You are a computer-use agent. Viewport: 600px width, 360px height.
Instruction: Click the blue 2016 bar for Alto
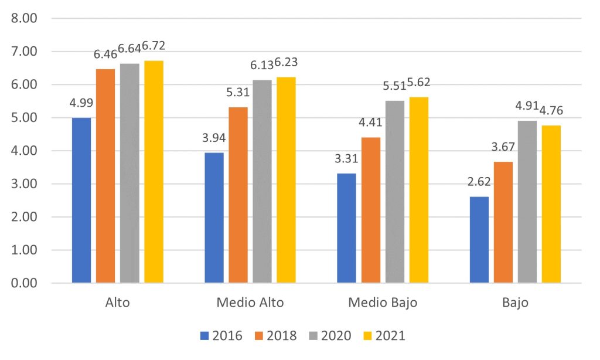click(x=81, y=201)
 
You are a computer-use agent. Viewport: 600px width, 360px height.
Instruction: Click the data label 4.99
click(x=81, y=104)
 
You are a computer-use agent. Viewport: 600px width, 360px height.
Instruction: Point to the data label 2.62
click(x=479, y=183)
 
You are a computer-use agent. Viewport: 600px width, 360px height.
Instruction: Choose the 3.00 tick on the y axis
click(x=25, y=184)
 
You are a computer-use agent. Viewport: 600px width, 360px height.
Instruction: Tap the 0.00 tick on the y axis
click(x=25, y=283)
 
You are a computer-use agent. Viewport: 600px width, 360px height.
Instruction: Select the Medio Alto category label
click(x=250, y=303)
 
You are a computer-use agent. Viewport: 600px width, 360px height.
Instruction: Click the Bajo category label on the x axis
click(x=515, y=303)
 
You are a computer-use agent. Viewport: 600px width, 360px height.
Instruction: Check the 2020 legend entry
click(x=332, y=336)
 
